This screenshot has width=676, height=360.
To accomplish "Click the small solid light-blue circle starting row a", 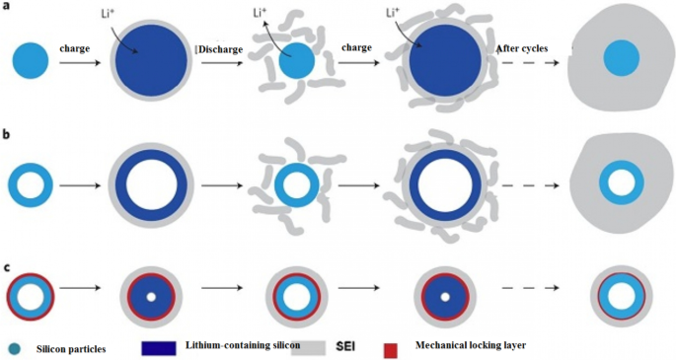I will click(x=31, y=62).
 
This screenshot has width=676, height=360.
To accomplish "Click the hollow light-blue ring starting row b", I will click(x=31, y=184).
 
